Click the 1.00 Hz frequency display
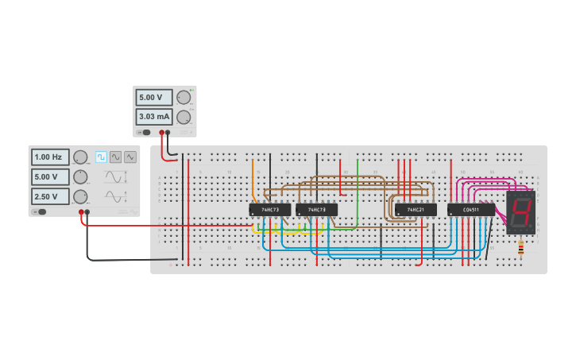tap(49, 157)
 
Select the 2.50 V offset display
tap(49, 195)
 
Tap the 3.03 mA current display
tap(153, 117)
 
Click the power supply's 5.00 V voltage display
tap(153, 98)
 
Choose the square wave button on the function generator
tap(101, 157)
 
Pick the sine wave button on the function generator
tap(116, 157)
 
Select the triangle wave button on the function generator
tap(130, 157)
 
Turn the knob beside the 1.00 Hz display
tap(80, 157)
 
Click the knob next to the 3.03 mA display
tap(184, 117)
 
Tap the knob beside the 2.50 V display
tap(80, 195)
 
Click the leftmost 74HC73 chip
tap(269, 210)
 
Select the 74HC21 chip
tap(416, 210)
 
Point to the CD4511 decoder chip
tap(470, 210)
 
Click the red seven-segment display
tap(520, 211)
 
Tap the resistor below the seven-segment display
tap(520, 248)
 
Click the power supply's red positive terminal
tap(161, 133)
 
